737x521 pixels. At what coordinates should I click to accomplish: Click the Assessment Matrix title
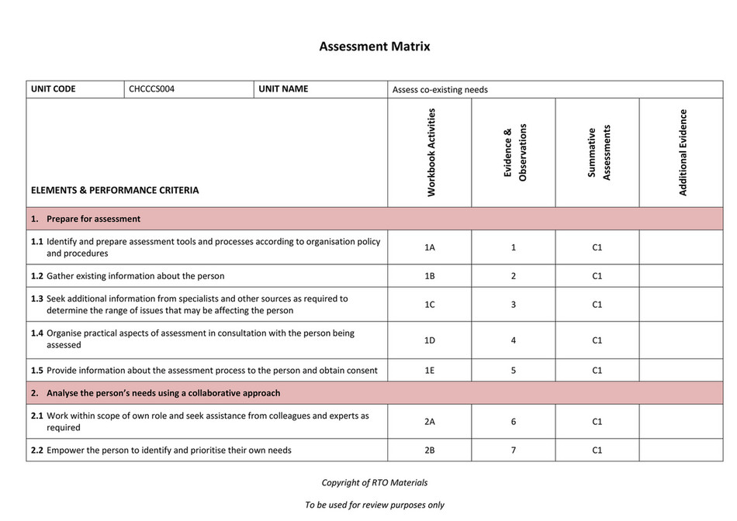(x=375, y=47)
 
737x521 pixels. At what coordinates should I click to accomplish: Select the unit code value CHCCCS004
(x=152, y=89)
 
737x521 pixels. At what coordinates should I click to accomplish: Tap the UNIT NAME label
(x=283, y=89)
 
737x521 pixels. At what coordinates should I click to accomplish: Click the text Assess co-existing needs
(x=440, y=90)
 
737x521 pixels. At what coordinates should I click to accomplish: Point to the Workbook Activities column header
(x=431, y=153)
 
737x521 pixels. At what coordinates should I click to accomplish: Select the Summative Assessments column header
(x=598, y=153)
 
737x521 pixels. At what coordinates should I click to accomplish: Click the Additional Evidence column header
(x=683, y=153)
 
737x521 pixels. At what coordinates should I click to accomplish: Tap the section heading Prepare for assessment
(x=93, y=219)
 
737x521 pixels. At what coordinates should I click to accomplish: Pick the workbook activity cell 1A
(x=430, y=247)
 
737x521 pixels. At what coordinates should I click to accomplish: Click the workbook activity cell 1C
(x=430, y=305)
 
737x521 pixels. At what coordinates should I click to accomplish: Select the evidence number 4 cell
(x=514, y=340)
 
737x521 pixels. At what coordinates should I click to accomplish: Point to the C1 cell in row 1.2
(x=597, y=276)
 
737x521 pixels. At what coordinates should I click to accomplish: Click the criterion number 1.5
(x=37, y=371)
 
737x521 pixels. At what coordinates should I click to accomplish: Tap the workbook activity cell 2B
(x=430, y=450)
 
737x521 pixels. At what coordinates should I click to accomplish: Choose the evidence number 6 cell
(x=514, y=422)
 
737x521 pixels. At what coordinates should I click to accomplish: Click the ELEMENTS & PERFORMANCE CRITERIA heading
(x=115, y=190)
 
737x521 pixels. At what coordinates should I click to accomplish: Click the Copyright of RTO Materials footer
(x=375, y=482)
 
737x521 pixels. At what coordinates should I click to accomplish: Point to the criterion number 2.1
(x=37, y=416)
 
